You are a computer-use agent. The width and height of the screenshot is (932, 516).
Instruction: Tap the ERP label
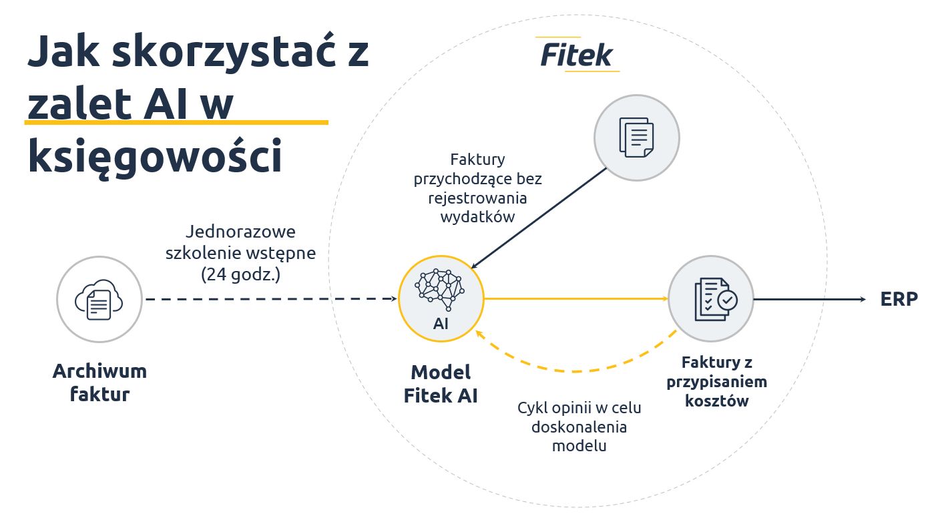coord(899,299)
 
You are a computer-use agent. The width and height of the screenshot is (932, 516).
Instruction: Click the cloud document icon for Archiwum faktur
coord(99,299)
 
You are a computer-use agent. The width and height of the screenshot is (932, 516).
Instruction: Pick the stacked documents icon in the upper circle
coord(636,138)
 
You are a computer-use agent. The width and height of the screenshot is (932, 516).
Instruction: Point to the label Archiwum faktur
coord(99,382)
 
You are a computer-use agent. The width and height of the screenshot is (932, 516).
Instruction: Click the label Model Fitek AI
coord(440,383)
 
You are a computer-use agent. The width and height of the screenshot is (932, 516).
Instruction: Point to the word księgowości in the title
coord(154,156)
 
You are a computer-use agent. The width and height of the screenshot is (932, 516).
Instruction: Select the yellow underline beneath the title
coord(176,123)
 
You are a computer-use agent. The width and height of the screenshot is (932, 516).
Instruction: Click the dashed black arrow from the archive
coord(267,299)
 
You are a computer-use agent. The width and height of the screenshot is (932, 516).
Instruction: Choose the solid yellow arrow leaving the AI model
coord(574,299)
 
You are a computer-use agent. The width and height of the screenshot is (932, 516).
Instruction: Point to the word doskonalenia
coord(579,426)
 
